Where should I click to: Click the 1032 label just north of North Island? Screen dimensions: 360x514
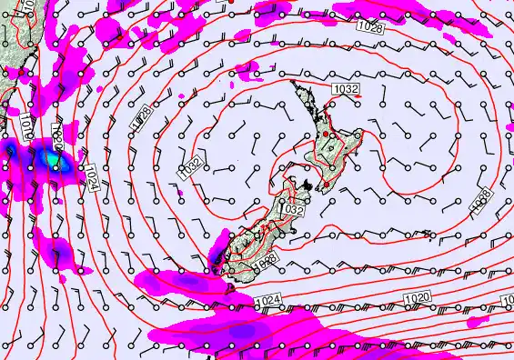tap(346, 88)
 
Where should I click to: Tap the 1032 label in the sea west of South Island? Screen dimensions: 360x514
tap(189, 167)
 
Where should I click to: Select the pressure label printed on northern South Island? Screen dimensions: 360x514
tap(292, 210)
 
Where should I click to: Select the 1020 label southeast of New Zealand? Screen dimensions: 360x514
tap(417, 297)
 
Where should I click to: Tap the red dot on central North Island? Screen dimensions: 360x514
tap(332, 145)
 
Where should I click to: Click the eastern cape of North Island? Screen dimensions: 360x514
tap(362, 134)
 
